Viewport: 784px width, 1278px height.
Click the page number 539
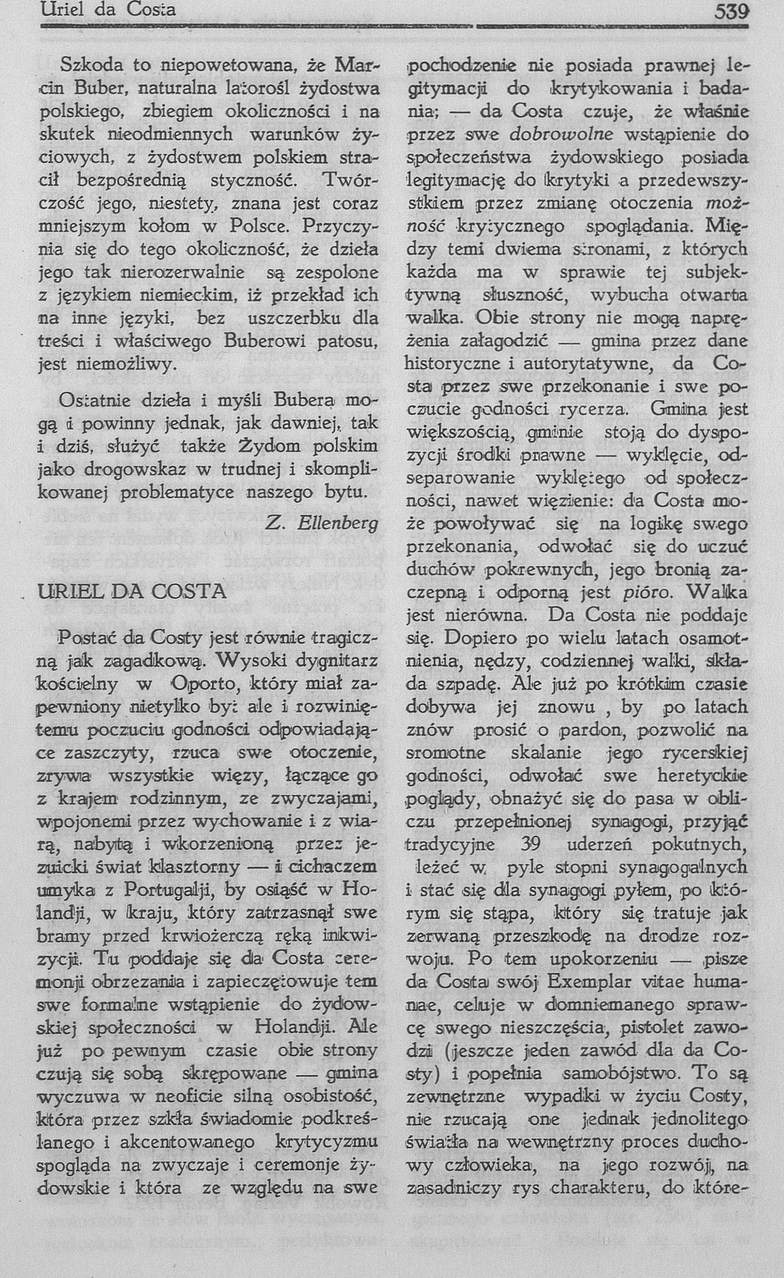pos(731,11)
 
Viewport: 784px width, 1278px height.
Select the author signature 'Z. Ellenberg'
pos(322,522)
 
